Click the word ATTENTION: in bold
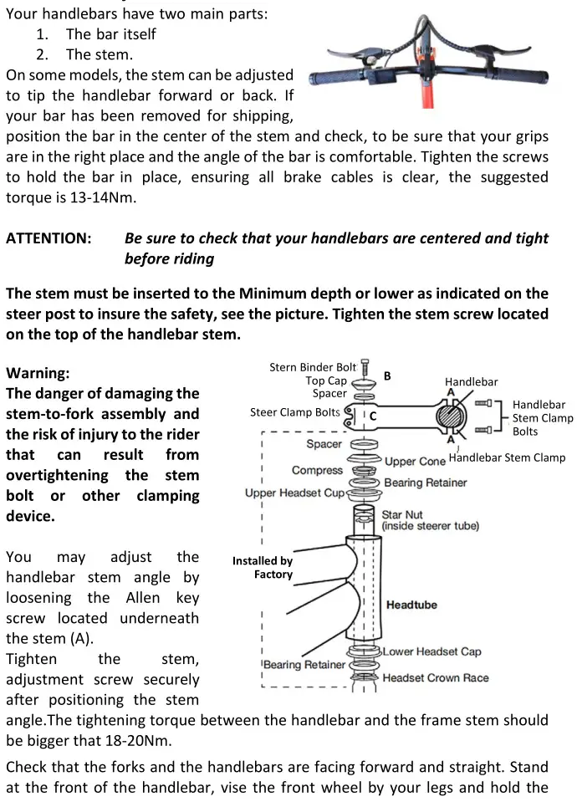[x=49, y=238]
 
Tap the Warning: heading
[x=38, y=372]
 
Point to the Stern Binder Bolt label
[x=313, y=367]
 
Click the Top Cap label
[x=326, y=381]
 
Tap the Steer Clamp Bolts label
[x=294, y=412]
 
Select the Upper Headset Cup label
[x=294, y=493]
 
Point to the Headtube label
[x=411, y=605]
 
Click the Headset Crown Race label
[x=436, y=677]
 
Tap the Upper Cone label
[x=415, y=462]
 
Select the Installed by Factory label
[x=263, y=568]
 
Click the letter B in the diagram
[x=387, y=375]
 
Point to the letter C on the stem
[x=373, y=416]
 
